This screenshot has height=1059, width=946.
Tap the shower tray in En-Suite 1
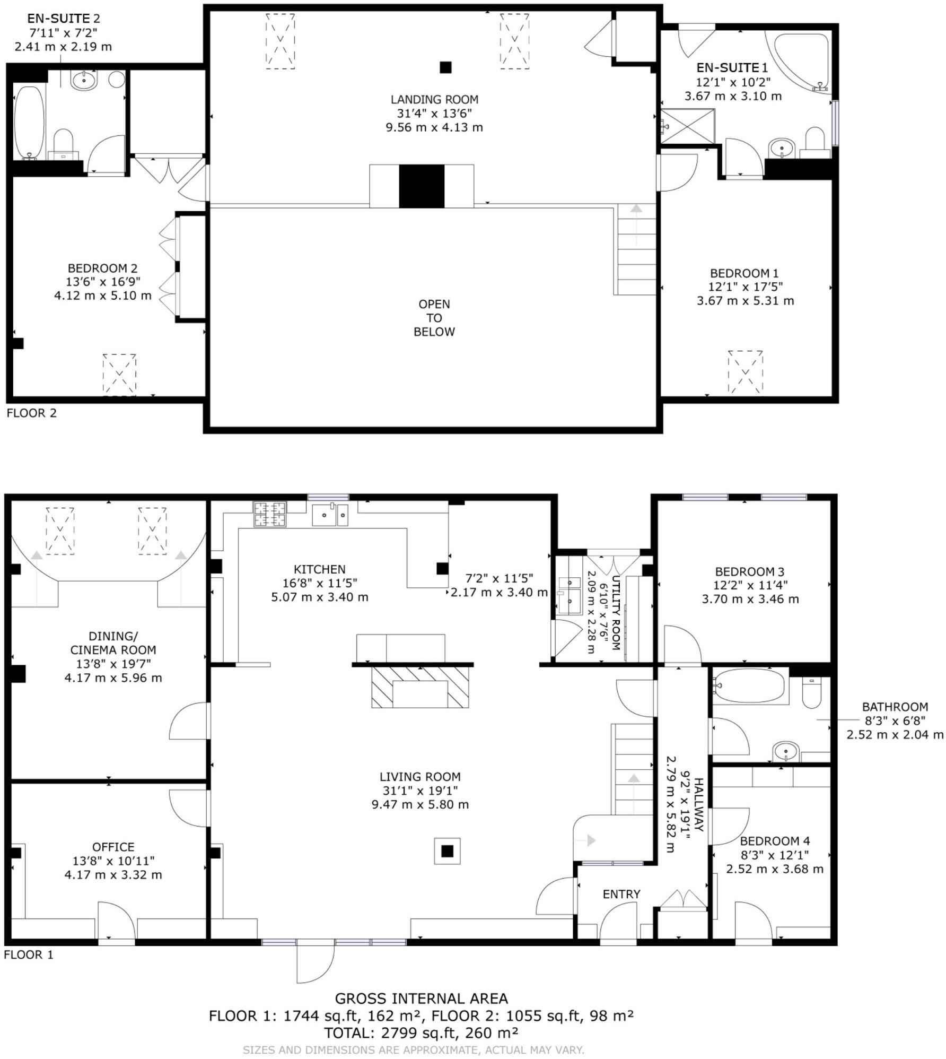(x=688, y=126)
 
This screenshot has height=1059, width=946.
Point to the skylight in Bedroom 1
(x=745, y=372)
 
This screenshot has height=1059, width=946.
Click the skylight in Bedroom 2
(x=119, y=375)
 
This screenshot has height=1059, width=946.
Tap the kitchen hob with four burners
(x=270, y=514)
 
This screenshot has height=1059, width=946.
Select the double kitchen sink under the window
(x=330, y=515)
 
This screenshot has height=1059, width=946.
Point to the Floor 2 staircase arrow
(x=636, y=209)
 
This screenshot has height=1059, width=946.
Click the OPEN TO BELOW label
(x=434, y=318)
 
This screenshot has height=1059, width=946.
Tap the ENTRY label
(x=621, y=895)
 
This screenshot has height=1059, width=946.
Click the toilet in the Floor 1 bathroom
(x=811, y=693)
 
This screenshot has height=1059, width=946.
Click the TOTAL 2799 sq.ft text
(x=421, y=1033)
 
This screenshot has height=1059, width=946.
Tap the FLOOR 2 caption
(x=31, y=413)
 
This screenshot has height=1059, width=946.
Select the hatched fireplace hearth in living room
(x=421, y=687)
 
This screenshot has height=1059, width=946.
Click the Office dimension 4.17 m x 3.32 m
(x=113, y=874)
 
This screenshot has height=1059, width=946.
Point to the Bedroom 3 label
(x=749, y=571)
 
